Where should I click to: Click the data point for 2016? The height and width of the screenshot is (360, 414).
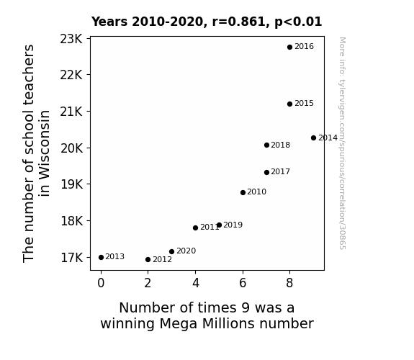(289, 48)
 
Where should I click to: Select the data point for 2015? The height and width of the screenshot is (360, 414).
(289, 104)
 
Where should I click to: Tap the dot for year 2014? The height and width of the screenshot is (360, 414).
(313, 138)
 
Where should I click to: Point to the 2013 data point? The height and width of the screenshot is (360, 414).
(101, 257)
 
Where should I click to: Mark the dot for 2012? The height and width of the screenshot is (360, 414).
(148, 260)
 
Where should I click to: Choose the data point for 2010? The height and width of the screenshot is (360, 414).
(243, 192)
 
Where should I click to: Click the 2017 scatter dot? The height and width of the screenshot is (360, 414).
(266, 173)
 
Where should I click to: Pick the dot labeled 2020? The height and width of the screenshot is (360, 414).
(171, 252)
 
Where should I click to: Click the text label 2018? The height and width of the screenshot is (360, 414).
(280, 145)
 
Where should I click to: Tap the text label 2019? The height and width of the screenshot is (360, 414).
(233, 225)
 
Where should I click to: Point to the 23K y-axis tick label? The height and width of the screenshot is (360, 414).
(71, 40)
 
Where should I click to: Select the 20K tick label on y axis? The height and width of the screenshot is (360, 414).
(71, 148)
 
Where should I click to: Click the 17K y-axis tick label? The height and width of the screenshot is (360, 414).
(71, 258)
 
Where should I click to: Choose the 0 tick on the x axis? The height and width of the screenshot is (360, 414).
(101, 283)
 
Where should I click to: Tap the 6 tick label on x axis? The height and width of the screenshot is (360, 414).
(243, 283)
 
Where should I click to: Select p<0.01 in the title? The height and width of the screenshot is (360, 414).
(298, 22)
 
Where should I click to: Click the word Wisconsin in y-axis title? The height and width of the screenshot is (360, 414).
(44, 153)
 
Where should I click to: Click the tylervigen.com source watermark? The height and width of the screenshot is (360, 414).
(342, 143)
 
